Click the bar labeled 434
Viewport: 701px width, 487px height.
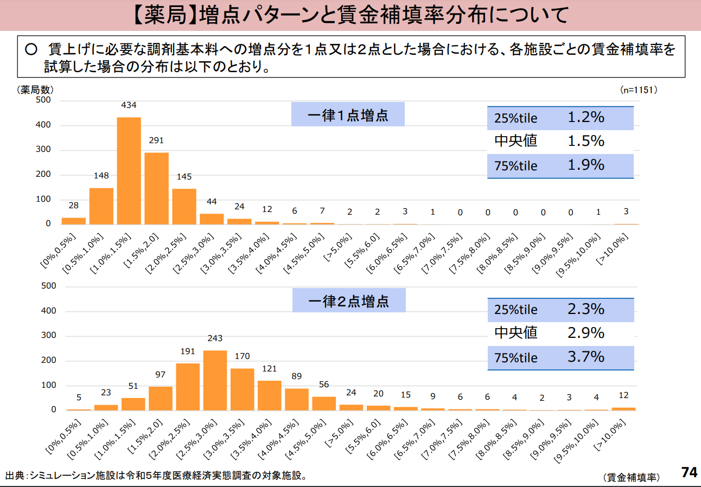coord(129,170)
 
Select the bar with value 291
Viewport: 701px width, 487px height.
coord(156,188)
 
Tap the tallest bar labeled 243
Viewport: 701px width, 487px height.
coord(215,380)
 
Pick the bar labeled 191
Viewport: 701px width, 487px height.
coord(188,387)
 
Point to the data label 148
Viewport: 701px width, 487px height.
coord(101,176)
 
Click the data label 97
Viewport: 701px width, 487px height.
coord(161,375)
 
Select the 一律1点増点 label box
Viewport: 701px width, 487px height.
coord(348,114)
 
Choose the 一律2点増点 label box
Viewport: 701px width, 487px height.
coord(349,300)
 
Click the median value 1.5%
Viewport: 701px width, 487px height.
coord(586,141)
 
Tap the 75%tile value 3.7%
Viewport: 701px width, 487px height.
coord(586,357)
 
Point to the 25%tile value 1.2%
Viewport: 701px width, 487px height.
coord(586,117)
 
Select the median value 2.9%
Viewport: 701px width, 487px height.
coord(586,332)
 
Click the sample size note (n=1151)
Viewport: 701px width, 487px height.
coord(639,90)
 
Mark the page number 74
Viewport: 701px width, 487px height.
coord(689,472)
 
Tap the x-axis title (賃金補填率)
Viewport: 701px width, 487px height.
coord(631,477)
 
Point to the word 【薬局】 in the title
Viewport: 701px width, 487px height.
coord(164,15)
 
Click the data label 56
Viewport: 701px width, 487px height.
coord(324,385)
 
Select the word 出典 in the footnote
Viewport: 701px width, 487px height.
coord(14,476)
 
